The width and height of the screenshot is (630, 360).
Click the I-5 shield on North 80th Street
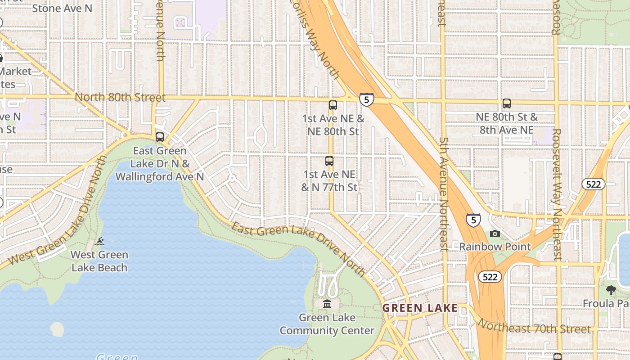point(366,99)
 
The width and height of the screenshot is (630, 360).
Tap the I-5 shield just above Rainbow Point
point(473,220)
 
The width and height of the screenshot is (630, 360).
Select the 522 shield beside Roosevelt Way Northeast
point(593,184)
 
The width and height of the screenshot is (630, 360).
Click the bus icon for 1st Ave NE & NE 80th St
point(333,105)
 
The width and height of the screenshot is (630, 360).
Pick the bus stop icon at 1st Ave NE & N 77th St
point(329,161)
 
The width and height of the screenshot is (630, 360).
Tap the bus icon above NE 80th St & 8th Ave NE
point(507,103)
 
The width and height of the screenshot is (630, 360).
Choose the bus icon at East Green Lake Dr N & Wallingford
point(160,137)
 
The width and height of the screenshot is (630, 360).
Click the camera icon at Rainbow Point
point(495,234)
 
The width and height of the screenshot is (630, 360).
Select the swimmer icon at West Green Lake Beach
point(99,241)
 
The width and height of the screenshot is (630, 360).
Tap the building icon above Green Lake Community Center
point(327,304)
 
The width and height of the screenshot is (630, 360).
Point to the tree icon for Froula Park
point(611,290)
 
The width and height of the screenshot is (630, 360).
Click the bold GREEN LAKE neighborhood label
point(419,308)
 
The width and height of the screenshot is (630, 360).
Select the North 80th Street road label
point(120,97)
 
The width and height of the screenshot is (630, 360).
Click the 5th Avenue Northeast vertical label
point(444,193)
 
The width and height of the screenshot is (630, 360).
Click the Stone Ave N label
point(62,8)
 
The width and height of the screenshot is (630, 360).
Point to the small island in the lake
point(57,329)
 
